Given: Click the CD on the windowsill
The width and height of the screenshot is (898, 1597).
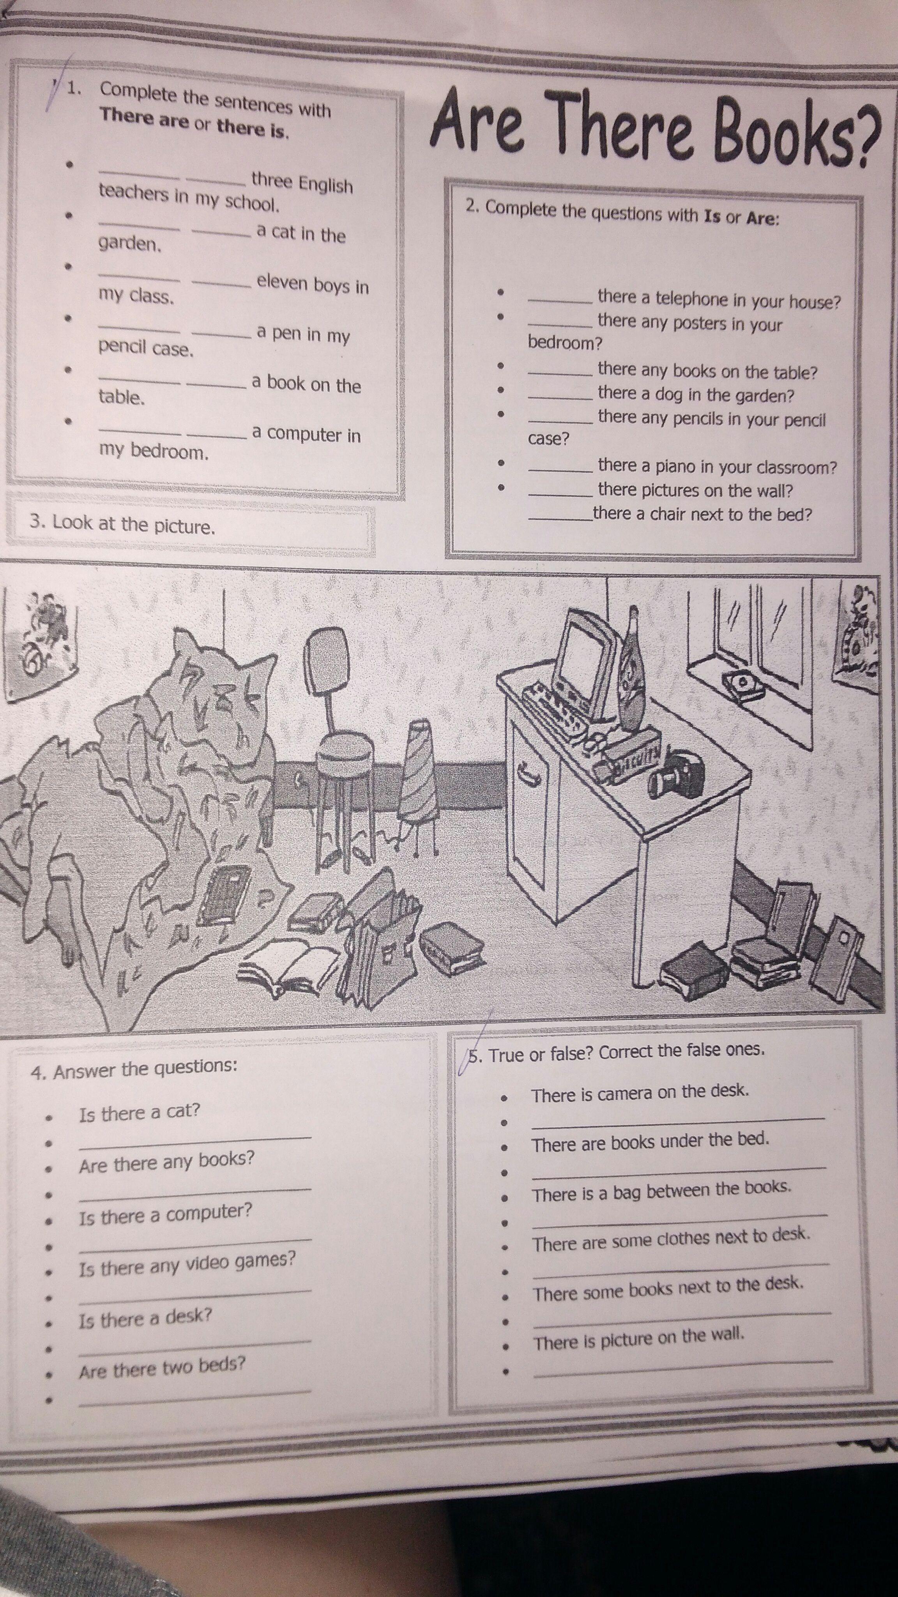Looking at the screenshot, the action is coord(743,684).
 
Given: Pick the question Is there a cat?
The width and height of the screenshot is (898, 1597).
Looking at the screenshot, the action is coord(140,1112).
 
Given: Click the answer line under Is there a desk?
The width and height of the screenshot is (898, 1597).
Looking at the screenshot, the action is coord(195,1347).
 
